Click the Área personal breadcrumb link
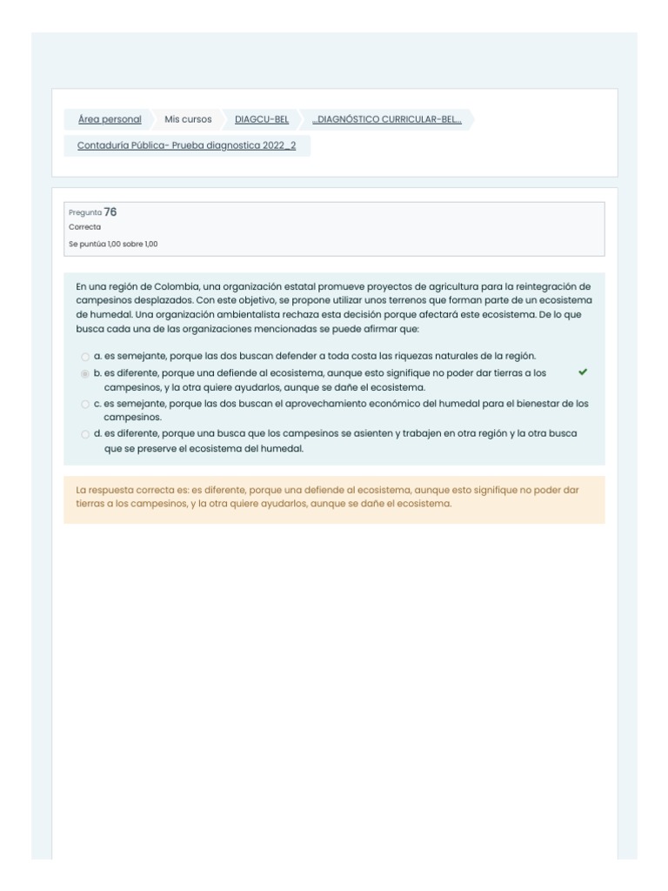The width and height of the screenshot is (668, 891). pos(110,119)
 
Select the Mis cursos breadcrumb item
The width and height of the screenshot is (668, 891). pos(188,119)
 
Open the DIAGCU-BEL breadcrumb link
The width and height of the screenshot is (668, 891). pos(262,119)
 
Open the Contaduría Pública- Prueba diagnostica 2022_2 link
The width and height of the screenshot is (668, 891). pos(186,145)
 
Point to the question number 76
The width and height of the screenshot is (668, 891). pos(110,211)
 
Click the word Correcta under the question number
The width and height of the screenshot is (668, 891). pos(84,227)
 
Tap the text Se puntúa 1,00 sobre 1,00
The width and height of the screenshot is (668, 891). pos(113,244)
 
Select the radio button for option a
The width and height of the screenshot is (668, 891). pos(84,357)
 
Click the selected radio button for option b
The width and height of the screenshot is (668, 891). pos(84,373)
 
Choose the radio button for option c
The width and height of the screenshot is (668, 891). pos(84,405)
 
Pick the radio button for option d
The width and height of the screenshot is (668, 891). pos(84,434)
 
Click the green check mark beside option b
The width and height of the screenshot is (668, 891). pos(582,372)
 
